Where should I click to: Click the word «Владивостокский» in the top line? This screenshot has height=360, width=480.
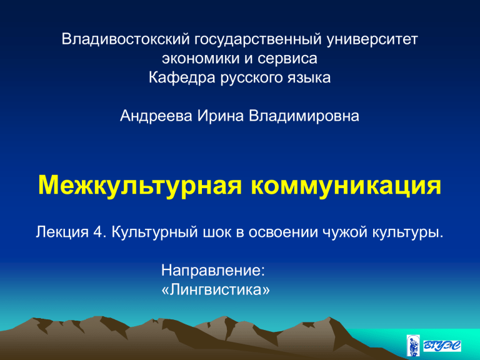(126, 39)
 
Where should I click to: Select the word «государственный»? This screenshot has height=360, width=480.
(258, 40)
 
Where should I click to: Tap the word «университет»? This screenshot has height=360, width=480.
(372, 40)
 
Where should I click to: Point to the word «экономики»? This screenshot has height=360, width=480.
(201, 59)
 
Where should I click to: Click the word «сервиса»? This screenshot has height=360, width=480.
(287, 59)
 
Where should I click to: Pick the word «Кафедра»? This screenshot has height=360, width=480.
(182, 77)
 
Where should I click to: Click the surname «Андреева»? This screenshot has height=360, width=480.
(156, 116)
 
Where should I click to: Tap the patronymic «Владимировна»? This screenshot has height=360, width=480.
(304, 116)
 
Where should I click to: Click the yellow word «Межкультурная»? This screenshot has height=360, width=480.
(140, 186)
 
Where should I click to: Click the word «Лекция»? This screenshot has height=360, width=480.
(62, 232)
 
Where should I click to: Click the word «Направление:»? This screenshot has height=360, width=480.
(213, 271)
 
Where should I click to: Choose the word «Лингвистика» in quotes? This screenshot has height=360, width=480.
(216, 289)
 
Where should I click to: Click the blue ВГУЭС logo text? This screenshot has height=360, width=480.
(442, 346)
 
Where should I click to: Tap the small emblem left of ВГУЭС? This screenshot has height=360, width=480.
(413, 345)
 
